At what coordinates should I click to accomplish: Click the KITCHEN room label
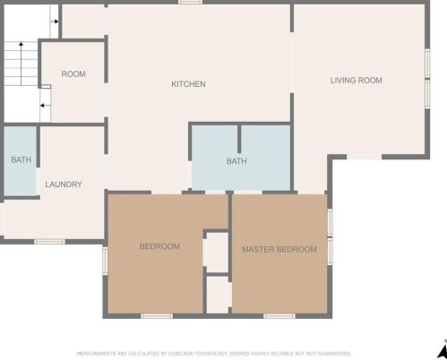[188, 84]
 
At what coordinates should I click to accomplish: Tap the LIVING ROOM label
[357, 81]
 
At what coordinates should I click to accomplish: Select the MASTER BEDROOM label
[279, 249]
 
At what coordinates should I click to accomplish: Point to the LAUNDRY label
[64, 184]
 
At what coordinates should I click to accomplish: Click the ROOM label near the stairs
[73, 73]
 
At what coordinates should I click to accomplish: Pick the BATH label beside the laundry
[21, 159]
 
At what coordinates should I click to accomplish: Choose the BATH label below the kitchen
[236, 161]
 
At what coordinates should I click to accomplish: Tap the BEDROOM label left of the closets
[159, 246]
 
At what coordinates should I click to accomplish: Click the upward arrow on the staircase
[21, 64]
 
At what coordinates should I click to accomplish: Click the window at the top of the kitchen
[190, 2]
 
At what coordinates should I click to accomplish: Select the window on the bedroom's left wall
[105, 261]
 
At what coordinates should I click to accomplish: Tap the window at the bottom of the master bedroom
[279, 316]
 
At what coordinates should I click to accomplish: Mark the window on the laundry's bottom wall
[49, 241]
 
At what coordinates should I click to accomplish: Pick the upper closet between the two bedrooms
[217, 253]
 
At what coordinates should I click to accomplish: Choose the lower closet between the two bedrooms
[219, 295]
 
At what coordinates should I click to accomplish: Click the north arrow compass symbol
[443, 350]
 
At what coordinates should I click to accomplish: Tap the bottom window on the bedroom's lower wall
[157, 316]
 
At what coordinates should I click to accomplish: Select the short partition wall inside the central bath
[239, 139]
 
